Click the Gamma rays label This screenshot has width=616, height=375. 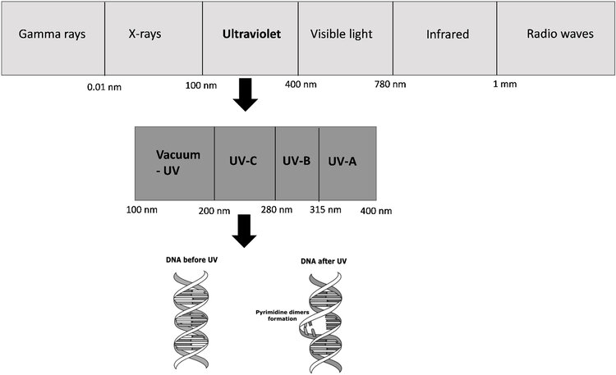(x=52, y=34)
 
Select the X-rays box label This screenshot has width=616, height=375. (x=145, y=34)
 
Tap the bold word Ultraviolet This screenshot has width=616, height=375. (x=251, y=34)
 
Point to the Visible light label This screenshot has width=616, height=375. (x=341, y=34)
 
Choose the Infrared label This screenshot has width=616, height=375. (x=448, y=34)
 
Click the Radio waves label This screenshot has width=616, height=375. (x=560, y=34)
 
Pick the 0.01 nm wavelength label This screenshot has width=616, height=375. (x=104, y=87)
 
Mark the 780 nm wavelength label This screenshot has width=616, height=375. (x=390, y=84)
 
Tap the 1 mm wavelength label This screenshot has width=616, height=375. (x=505, y=84)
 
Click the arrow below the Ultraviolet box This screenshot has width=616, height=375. (x=245, y=94)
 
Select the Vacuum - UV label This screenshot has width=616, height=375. (x=178, y=162)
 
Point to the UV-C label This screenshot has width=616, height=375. (x=243, y=161)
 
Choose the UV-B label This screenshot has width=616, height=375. (x=297, y=161)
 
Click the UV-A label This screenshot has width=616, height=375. (x=342, y=161)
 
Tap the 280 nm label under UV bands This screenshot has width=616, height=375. (x=277, y=210)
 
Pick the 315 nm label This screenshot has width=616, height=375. (x=325, y=210)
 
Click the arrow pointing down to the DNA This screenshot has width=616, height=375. (x=245, y=231)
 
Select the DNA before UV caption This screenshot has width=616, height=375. (x=191, y=260)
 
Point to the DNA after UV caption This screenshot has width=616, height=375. (x=324, y=261)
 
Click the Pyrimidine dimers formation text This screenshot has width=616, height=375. (x=282, y=315)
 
